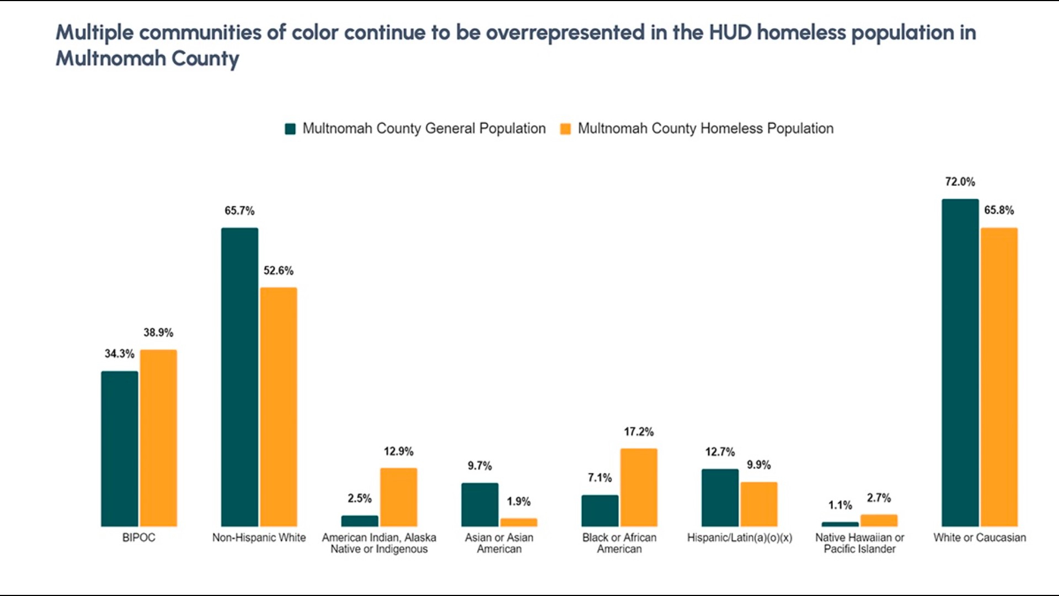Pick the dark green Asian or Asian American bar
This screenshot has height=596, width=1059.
pos(480,504)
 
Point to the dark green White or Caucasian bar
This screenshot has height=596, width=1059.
pos(960,363)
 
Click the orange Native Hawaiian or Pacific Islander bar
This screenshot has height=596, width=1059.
pos(879,520)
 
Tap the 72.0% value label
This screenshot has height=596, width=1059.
pos(960,182)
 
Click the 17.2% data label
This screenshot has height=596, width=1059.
pos(639,432)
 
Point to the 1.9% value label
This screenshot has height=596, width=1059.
pos(518,502)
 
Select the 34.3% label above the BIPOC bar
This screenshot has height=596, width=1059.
pos(119,354)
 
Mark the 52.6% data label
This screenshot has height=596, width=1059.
pos(279,270)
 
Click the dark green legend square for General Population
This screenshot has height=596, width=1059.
pos(290,129)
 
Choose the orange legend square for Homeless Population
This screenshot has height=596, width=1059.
pos(565,129)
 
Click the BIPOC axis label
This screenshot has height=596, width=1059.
pos(138,538)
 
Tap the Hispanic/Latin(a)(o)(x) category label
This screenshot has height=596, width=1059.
pos(739,538)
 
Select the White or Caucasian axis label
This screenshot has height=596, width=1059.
pos(980,538)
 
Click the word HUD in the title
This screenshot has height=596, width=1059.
pos(730,33)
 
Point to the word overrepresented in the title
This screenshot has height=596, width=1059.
pos(565,33)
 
